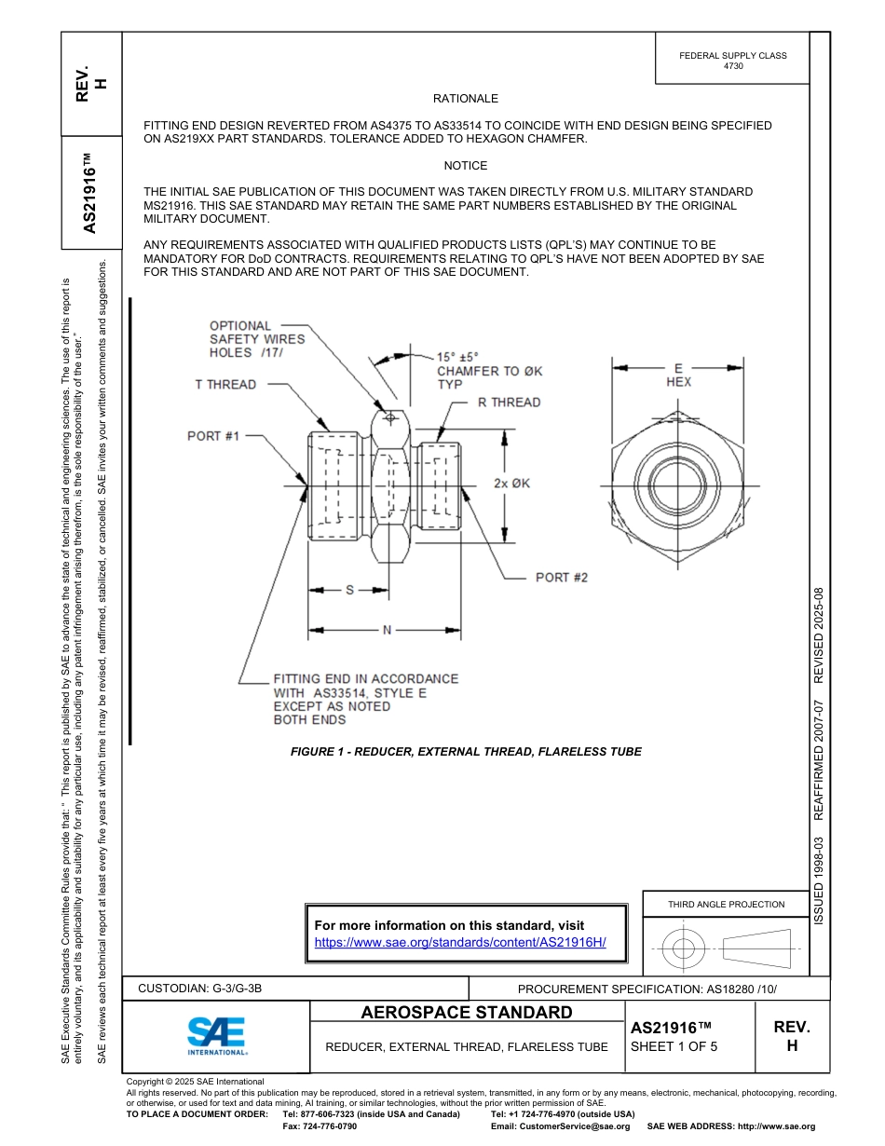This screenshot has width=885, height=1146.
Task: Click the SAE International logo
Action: (x=216, y=1035)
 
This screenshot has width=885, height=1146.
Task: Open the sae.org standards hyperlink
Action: (x=460, y=942)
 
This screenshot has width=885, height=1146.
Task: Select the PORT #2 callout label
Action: (x=561, y=578)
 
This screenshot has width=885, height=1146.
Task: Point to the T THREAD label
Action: (x=225, y=384)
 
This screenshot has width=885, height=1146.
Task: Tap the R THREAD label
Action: (x=509, y=402)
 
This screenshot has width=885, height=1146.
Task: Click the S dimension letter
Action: (x=350, y=590)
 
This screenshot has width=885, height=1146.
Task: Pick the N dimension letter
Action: (x=388, y=631)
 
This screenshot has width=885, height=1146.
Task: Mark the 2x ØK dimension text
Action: (x=511, y=484)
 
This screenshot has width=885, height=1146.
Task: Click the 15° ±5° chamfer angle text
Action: (x=457, y=357)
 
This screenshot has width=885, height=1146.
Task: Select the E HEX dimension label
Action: (x=678, y=375)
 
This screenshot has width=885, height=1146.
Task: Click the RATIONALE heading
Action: (x=466, y=99)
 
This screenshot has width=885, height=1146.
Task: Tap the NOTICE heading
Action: (x=466, y=166)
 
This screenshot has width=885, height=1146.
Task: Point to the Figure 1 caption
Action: (x=466, y=751)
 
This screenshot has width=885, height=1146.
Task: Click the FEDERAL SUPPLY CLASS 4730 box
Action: (x=732, y=61)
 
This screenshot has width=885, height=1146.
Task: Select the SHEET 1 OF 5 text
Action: (x=674, y=1046)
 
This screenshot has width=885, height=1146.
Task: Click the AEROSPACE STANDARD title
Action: (x=467, y=1013)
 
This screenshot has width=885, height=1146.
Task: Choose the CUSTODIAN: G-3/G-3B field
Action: (x=207, y=989)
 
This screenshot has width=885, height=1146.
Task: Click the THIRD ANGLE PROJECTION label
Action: (x=726, y=904)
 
